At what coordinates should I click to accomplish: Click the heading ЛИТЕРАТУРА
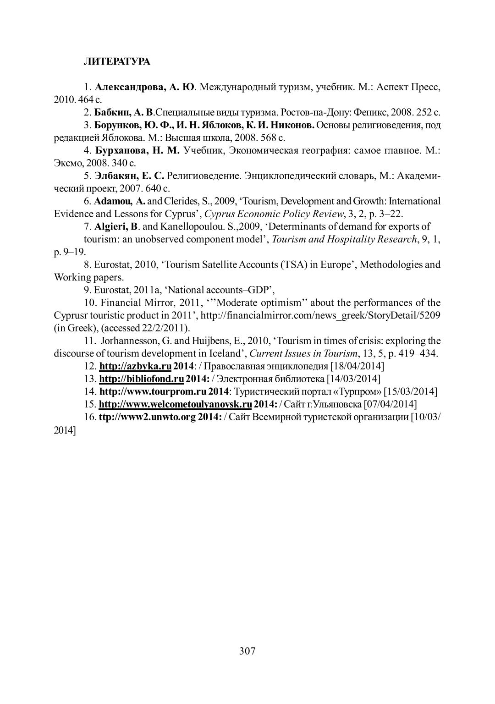(116, 62)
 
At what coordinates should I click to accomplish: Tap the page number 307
(247, 651)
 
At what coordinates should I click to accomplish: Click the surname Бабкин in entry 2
(110, 112)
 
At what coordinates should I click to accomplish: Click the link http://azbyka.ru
(135, 366)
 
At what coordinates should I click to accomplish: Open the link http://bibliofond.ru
(141, 379)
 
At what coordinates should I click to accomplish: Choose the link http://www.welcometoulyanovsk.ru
(175, 404)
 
